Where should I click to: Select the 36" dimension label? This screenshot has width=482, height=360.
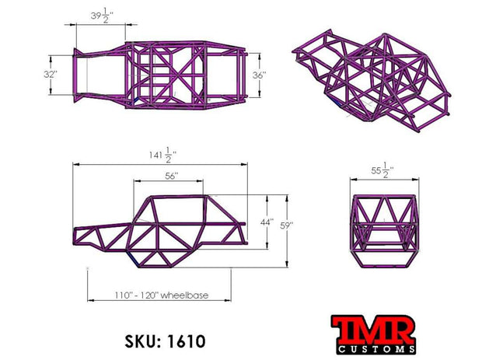pos(259,75)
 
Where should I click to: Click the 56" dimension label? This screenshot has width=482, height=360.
pos(172,177)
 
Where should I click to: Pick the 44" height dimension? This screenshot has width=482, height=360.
pos(266,223)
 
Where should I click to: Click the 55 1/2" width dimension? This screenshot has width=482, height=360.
pos(381,170)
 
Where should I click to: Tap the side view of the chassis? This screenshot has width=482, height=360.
pos(161,230)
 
